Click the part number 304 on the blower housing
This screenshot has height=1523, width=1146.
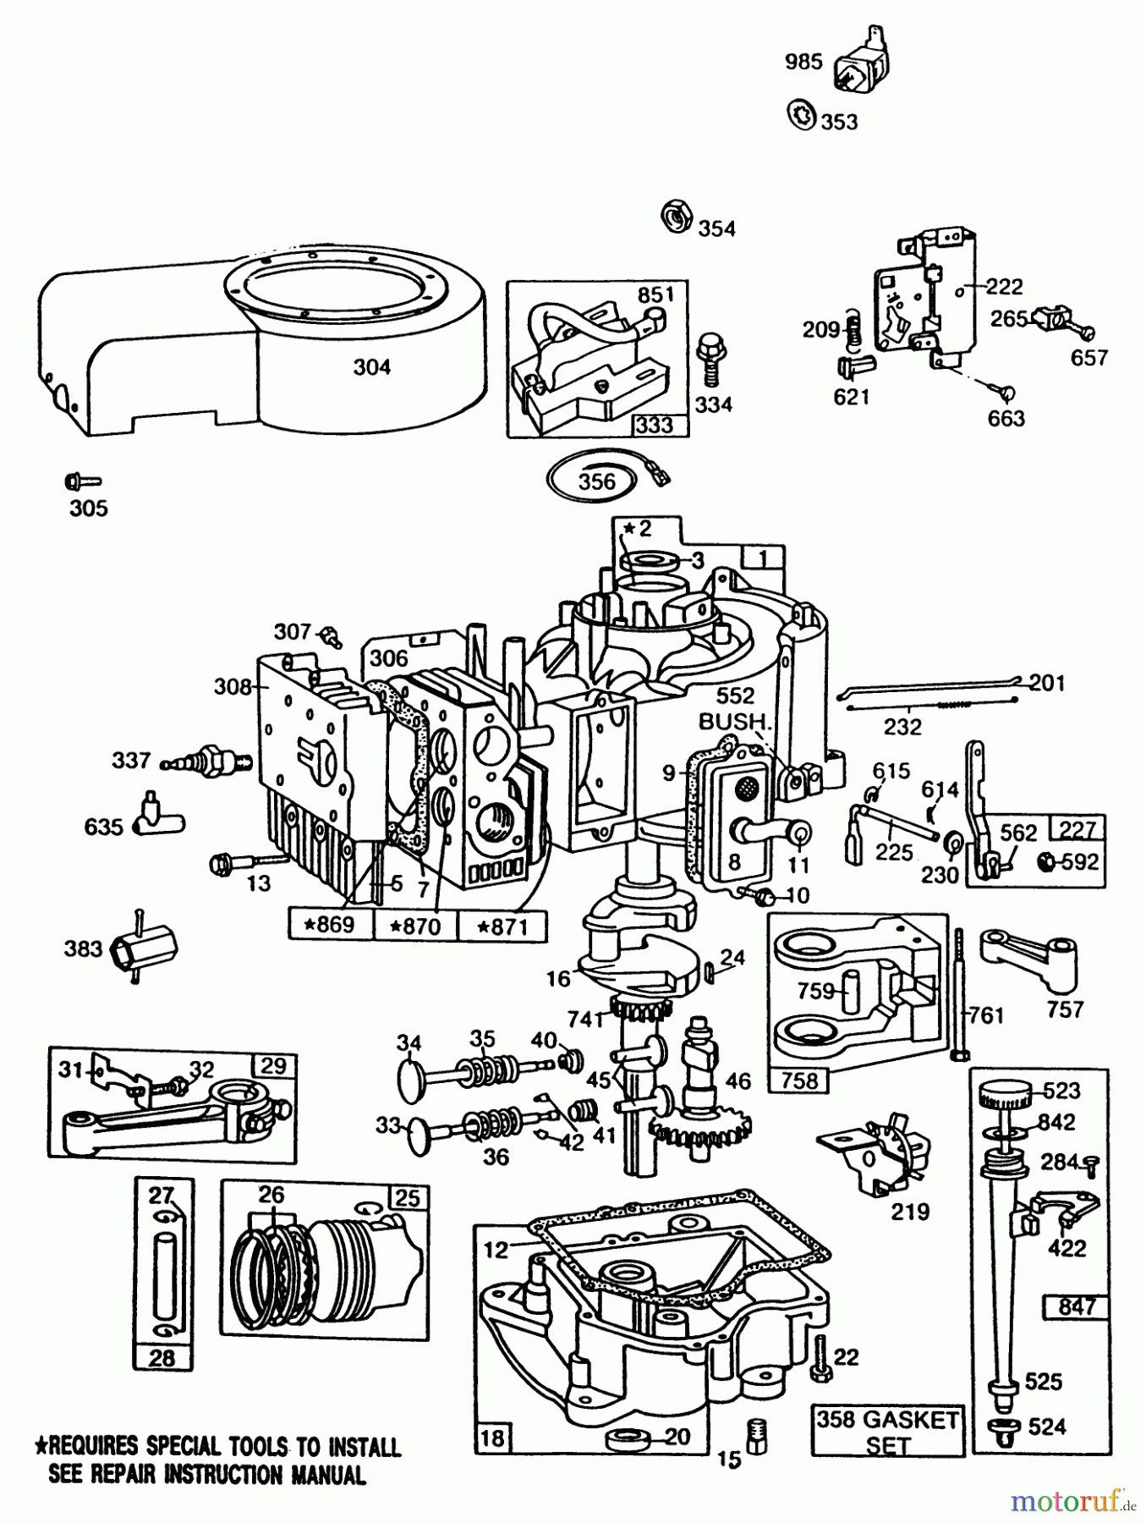point(371,366)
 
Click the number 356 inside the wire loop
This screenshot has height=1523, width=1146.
point(596,482)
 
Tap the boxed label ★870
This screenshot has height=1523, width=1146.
point(415,926)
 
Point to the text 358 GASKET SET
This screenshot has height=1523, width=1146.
point(887,1431)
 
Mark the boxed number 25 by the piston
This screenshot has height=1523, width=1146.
point(408,1197)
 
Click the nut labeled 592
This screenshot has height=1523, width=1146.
point(1045,861)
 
